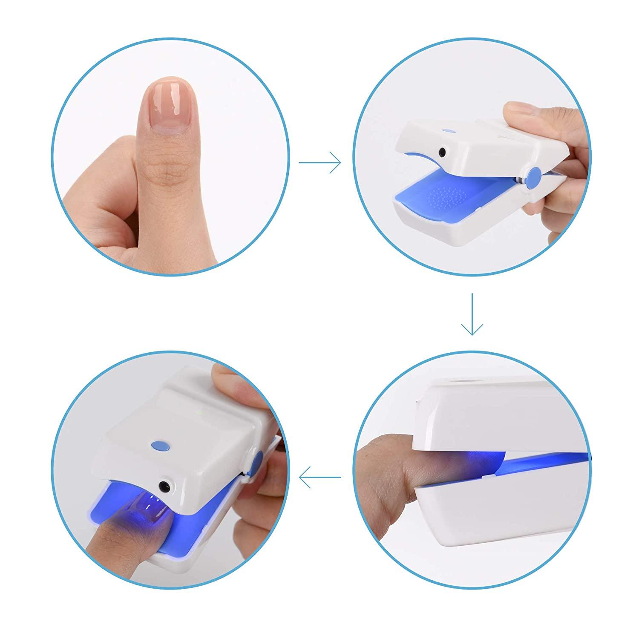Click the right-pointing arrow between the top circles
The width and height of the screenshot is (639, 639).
click(320, 162)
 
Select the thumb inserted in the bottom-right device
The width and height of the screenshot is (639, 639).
click(396, 473)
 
